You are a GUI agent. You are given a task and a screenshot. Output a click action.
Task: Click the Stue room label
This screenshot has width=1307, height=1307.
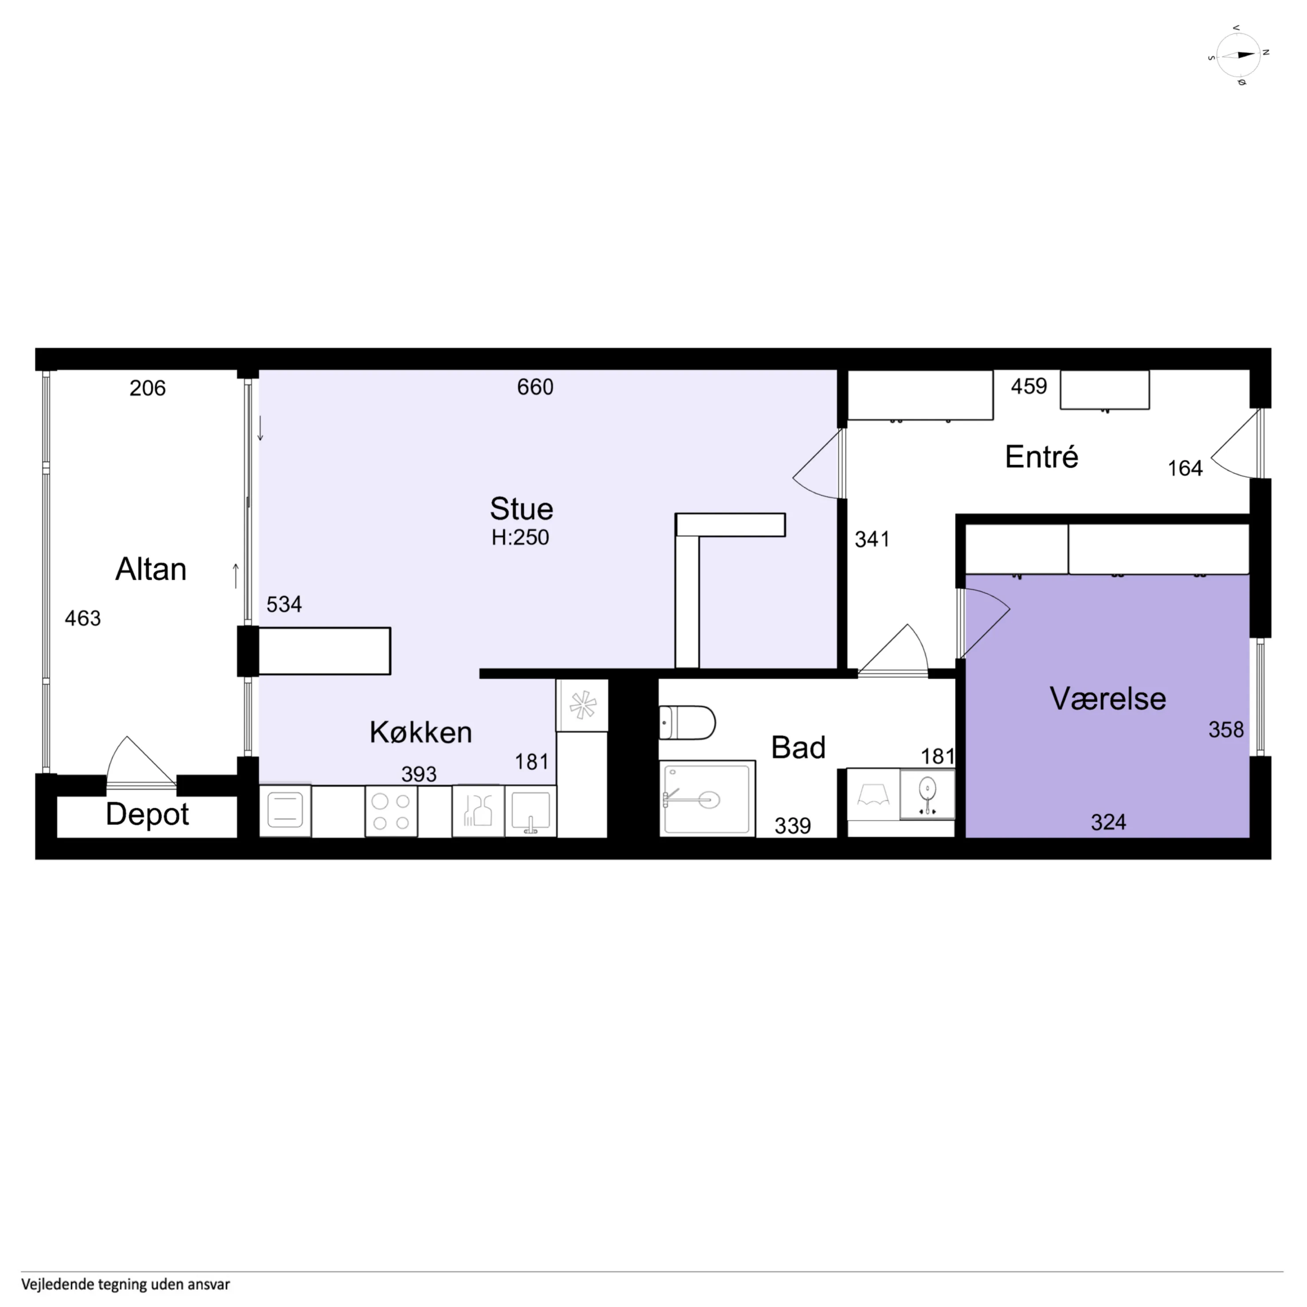coord(521,509)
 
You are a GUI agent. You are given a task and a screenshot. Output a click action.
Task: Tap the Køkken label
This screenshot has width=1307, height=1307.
coord(421,732)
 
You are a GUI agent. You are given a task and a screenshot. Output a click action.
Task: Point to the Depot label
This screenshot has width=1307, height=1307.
coord(147,814)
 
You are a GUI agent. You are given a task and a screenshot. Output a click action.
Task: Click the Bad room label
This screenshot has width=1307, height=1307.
coord(798,748)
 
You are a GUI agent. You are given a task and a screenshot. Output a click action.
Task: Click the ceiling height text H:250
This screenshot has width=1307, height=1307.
coord(520,537)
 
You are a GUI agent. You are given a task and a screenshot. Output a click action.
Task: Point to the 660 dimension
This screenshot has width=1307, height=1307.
coord(535,387)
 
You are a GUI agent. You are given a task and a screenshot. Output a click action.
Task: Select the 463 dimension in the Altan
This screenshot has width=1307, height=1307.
coord(82,618)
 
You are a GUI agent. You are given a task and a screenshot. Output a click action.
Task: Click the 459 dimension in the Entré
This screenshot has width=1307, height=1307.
coord(1029,386)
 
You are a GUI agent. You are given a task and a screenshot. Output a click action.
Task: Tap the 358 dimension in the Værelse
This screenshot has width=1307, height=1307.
coord(1226,729)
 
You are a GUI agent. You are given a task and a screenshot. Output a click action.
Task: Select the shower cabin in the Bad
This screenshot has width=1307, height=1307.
coord(707,798)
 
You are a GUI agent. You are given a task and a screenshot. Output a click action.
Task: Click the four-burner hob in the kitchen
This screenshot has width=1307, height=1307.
coord(391,811)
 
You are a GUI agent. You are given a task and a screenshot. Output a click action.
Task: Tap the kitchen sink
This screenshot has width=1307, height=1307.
coord(530,811)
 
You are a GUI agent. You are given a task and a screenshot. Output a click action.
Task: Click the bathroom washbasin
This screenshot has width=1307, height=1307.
coord(927,794)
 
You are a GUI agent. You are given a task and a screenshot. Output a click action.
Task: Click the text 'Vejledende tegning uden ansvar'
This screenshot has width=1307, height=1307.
coord(126,1284)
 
